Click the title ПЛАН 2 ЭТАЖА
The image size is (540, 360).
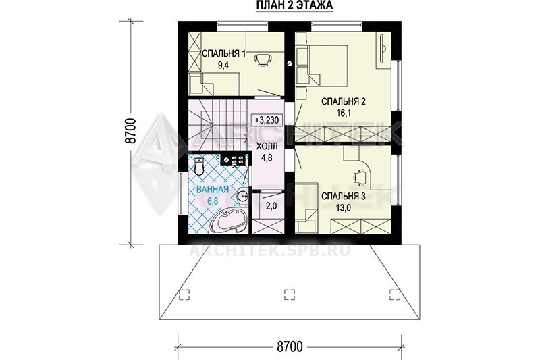294,6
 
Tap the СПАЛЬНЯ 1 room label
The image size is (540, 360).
223,54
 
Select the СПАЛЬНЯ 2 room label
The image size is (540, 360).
344,101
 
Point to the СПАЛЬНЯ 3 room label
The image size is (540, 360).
344,196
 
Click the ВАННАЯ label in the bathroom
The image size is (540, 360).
213,190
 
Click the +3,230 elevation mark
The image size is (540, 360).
267,120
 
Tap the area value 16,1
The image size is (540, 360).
344,113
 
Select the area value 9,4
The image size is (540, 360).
223,66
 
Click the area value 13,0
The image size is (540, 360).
344,208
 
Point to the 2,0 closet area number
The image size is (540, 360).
271,206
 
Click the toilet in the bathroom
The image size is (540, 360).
199,166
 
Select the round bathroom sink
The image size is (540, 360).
243,196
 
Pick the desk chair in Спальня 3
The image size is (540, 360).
360,177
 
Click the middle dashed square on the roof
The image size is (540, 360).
290,294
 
